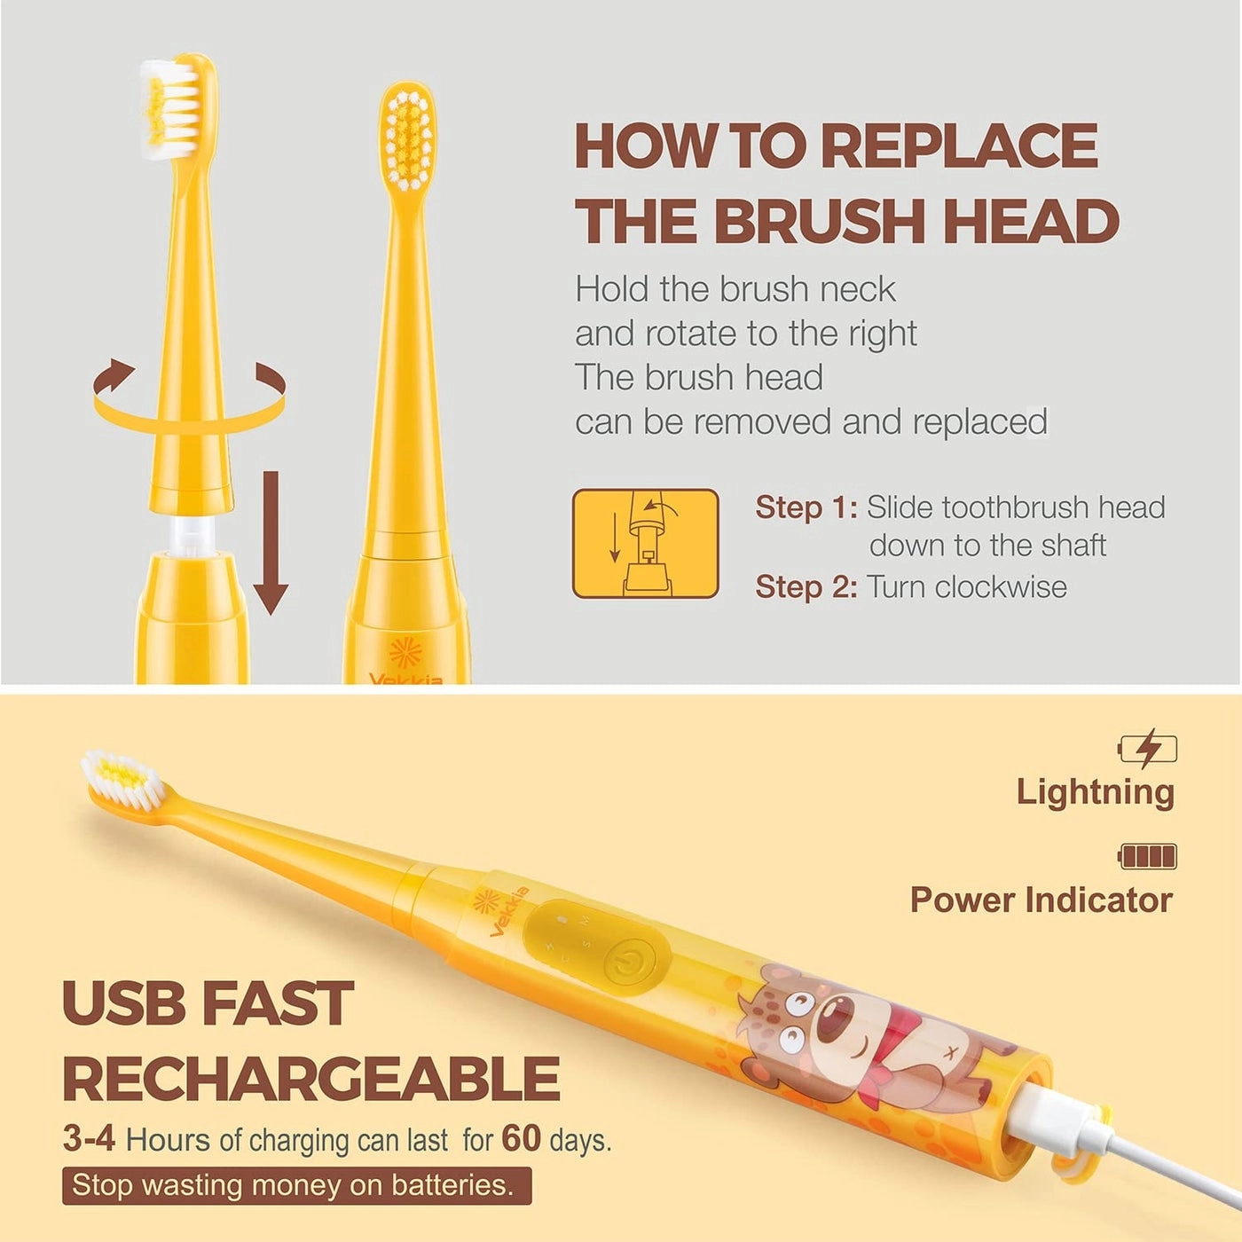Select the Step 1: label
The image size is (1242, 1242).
806,507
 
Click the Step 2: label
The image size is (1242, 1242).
806,587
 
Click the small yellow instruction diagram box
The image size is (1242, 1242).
645,544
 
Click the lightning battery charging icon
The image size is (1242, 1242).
1148,749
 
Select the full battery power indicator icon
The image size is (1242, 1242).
1148,856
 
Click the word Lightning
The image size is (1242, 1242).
1095,791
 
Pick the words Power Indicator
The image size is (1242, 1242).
1041,900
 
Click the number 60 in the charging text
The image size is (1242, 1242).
521,1139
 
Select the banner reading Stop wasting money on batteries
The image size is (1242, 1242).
296,1185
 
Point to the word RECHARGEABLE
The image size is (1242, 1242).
310,1080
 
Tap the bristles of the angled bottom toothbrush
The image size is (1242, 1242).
122,778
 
